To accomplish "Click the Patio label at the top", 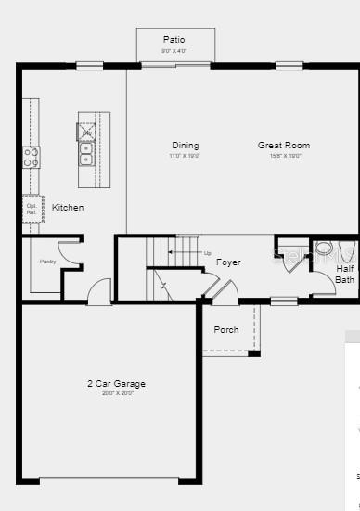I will tap(174, 40).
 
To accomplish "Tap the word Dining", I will tap(185, 146).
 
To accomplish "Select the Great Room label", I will tap(284, 146).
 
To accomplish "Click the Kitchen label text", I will tap(68, 208).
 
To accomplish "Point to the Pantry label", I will tap(47, 262).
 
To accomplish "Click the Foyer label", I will tap(228, 262).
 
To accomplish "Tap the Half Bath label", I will tap(344, 274).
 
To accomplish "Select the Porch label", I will tap(226, 330).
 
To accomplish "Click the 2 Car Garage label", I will tap(116, 383).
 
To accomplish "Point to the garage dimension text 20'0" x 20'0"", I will tap(116, 393).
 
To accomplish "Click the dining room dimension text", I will tap(185, 156).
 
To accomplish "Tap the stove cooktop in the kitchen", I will tap(32, 157).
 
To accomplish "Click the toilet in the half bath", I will tap(324, 249).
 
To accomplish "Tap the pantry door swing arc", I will tap(69, 250).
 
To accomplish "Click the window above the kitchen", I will tap(89, 66).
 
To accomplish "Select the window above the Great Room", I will tap(289, 66).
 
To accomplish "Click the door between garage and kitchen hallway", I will tap(99, 295).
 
